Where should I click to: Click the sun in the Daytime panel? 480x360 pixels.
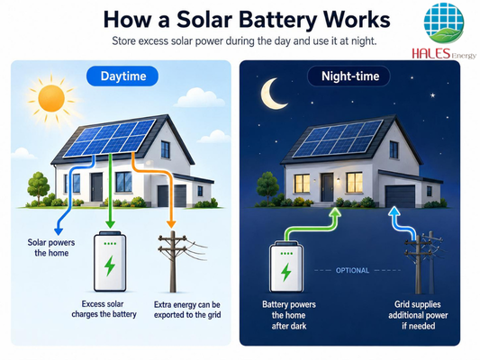click(51, 98)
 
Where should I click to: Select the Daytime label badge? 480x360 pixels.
click(122, 76)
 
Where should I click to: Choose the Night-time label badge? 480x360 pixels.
click(349, 76)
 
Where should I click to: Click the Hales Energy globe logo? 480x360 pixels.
click(444, 22)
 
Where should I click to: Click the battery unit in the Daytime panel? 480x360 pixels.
click(110, 262)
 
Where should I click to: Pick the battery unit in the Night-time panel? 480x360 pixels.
click(286, 266)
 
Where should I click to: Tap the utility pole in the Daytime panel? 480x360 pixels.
click(173, 262)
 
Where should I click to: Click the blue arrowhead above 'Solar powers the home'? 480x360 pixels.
click(59, 231)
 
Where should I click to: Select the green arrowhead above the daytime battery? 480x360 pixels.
click(110, 224)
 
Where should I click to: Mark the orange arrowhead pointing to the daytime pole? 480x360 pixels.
click(171, 224)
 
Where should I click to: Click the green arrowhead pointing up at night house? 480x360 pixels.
click(336, 211)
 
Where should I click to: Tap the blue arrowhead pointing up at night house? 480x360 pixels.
click(394, 211)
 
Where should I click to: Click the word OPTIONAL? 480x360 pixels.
click(352, 270)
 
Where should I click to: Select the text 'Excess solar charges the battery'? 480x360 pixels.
click(104, 309)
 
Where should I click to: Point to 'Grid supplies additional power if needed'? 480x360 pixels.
click(418, 315)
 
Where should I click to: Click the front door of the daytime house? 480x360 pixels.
click(96, 187)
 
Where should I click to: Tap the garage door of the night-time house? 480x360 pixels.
click(400, 196)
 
